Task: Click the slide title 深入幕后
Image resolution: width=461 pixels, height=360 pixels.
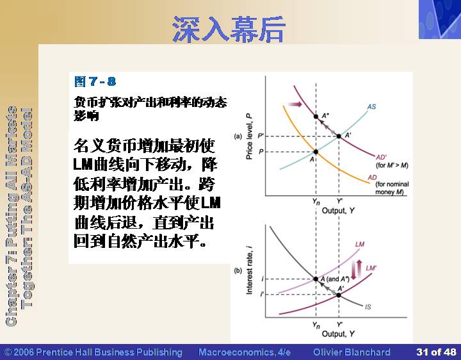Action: [x=229, y=29]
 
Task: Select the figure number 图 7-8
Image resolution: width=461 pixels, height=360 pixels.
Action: [x=95, y=81]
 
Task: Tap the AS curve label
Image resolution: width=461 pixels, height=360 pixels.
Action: [x=371, y=106]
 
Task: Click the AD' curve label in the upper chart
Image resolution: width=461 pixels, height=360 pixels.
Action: [x=382, y=158]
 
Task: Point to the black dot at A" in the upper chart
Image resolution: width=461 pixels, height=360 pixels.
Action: [x=316, y=117]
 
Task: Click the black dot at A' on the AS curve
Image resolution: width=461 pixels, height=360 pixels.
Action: [x=339, y=136]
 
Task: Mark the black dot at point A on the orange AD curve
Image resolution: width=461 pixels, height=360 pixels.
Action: [x=316, y=152]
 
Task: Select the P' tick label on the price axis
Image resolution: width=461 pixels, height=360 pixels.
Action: [x=261, y=136]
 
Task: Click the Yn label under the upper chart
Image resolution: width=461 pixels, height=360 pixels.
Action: [x=316, y=202]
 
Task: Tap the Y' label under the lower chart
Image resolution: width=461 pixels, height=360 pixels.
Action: [x=339, y=324]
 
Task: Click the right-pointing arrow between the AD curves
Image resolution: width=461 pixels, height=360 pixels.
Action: [x=295, y=104]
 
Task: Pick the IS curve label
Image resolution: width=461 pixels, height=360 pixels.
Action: [x=368, y=307]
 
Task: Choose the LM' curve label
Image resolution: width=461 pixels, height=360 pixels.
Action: [x=371, y=268]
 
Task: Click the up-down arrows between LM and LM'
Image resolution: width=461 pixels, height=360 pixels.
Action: [x=357, y=269]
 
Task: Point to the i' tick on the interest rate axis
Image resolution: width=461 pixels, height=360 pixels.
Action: [x=262, y=293]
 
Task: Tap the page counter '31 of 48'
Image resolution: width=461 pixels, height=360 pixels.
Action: [x=436, y=352]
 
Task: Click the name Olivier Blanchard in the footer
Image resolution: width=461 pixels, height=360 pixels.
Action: [x=352, y=352]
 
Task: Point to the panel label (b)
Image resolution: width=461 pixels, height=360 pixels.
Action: [x=238, y=270]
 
